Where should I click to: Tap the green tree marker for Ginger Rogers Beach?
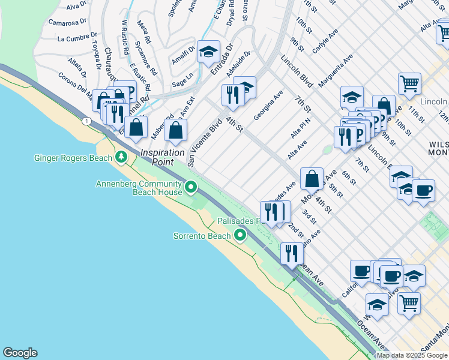pos(122,157)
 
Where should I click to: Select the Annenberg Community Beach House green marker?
pos(191,188)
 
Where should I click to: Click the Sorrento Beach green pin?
pos(241,235)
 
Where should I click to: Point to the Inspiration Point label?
pos(162,157)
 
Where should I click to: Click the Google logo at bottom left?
pos(20,353)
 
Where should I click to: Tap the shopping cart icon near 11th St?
pos(409,84)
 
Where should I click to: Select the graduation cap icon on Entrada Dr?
pos(208,52)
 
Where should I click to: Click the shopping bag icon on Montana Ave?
pos(312,179)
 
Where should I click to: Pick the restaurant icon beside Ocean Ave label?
pos(292,253)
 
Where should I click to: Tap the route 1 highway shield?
pos(88,121)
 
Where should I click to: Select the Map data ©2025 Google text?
pos(412,355)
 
